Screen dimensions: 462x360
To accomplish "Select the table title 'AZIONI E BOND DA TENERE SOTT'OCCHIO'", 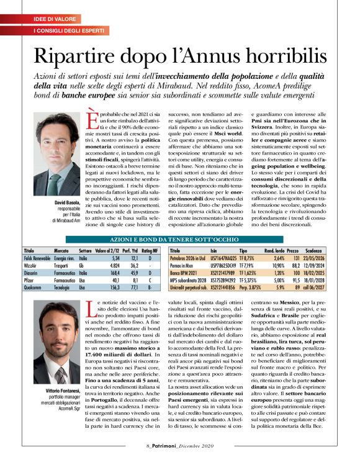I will [179, 238].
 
